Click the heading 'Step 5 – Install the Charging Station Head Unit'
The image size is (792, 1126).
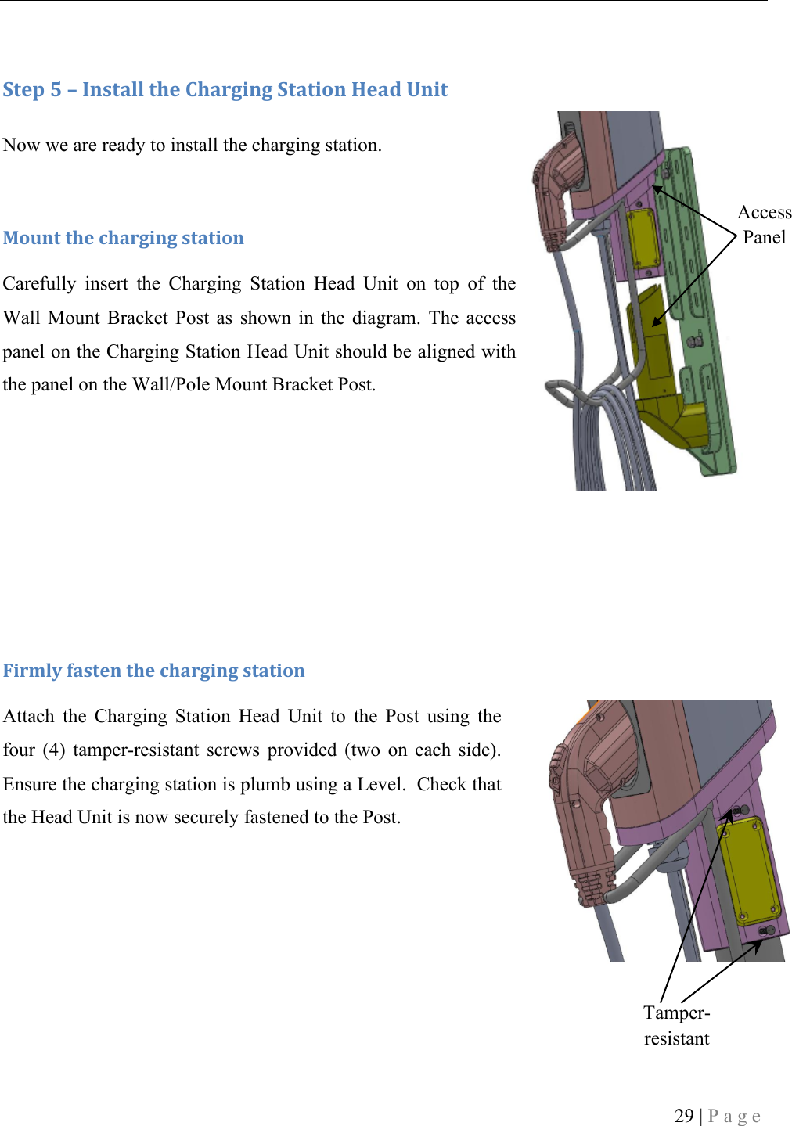pos(225,90)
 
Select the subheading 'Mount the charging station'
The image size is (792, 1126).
pos(124,238)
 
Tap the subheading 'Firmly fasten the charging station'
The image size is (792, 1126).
pos(154,671)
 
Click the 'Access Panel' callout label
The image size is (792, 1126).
pos(764,225)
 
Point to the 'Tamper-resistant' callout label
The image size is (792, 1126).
pos(676,1025)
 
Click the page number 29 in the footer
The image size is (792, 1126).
pos(684,1115)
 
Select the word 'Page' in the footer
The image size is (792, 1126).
pos(734,1115)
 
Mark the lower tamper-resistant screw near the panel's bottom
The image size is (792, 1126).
pos(767,930)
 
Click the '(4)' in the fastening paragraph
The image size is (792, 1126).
pos(53,750)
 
